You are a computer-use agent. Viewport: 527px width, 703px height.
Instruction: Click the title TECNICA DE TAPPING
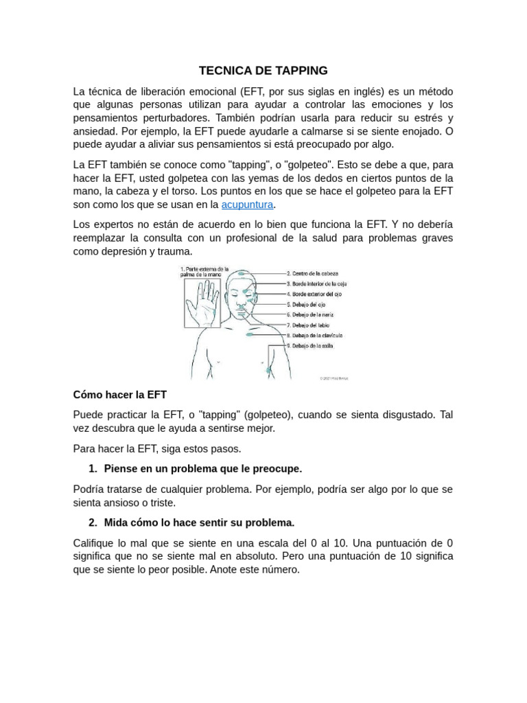(263, 71)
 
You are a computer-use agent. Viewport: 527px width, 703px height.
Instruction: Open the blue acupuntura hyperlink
(247, 205)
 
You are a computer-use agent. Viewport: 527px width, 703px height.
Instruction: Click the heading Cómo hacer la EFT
(119, 395)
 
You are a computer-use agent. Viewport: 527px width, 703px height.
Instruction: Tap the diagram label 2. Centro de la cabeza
(312, 273)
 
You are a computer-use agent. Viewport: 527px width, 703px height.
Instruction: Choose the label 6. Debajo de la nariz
(309, 314)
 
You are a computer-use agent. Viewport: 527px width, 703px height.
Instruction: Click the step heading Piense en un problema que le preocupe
(202, 469)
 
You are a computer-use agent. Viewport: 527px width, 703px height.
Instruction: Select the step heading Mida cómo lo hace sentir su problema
(199, 522)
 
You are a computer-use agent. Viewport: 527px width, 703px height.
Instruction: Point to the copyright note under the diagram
(334, 378)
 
